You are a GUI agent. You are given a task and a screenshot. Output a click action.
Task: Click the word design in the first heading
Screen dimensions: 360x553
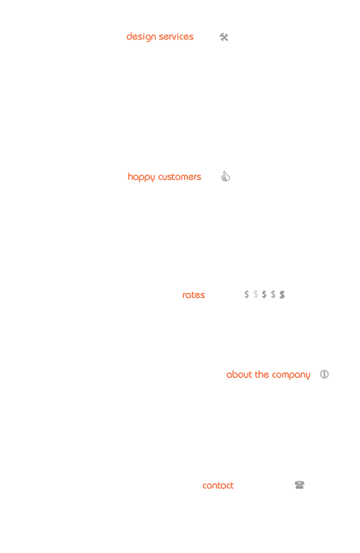141,37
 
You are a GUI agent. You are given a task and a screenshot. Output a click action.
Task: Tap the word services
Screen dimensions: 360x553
176,37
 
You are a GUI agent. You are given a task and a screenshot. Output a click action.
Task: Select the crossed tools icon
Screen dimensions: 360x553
224,37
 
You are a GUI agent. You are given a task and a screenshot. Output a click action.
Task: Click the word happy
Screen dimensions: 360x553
142,177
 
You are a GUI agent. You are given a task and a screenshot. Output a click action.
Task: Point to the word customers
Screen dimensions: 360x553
180,177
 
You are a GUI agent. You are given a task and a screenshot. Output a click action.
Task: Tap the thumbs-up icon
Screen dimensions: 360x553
226,176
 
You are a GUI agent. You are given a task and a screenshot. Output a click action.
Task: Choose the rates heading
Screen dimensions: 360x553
194,295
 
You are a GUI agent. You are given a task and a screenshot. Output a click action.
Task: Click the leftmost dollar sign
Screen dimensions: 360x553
247,294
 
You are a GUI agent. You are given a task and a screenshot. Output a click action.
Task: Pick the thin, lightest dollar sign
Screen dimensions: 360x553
256,294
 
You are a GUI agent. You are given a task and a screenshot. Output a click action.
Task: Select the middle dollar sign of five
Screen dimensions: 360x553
264,294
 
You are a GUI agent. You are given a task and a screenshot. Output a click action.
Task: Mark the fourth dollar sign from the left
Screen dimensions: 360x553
273,294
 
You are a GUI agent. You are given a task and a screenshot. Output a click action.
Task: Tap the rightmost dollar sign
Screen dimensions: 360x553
282,294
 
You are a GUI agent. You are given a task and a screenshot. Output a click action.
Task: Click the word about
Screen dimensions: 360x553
240,375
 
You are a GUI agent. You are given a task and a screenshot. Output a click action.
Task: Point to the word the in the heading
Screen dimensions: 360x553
262,374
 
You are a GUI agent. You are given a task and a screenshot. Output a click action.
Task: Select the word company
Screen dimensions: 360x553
291,375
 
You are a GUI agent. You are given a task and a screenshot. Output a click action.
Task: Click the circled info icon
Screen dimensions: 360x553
324,374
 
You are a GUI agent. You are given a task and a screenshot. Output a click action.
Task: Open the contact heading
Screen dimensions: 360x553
218,486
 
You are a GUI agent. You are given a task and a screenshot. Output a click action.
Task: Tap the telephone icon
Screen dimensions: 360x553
299,485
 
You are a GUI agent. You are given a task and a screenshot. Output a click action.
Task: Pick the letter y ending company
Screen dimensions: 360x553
308,376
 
